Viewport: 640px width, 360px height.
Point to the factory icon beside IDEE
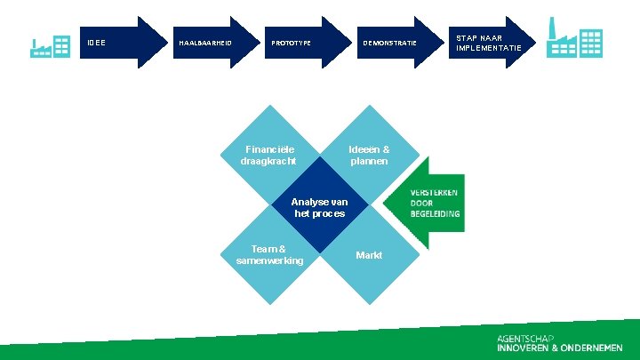51,47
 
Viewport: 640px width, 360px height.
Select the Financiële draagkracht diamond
268,155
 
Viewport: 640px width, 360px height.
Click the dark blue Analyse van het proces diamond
319,207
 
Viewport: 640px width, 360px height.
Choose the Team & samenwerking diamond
268,256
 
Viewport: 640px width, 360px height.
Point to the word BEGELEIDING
435,214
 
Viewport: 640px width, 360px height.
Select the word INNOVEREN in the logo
518,348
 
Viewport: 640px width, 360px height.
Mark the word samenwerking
269,260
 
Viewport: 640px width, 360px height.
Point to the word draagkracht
268,161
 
